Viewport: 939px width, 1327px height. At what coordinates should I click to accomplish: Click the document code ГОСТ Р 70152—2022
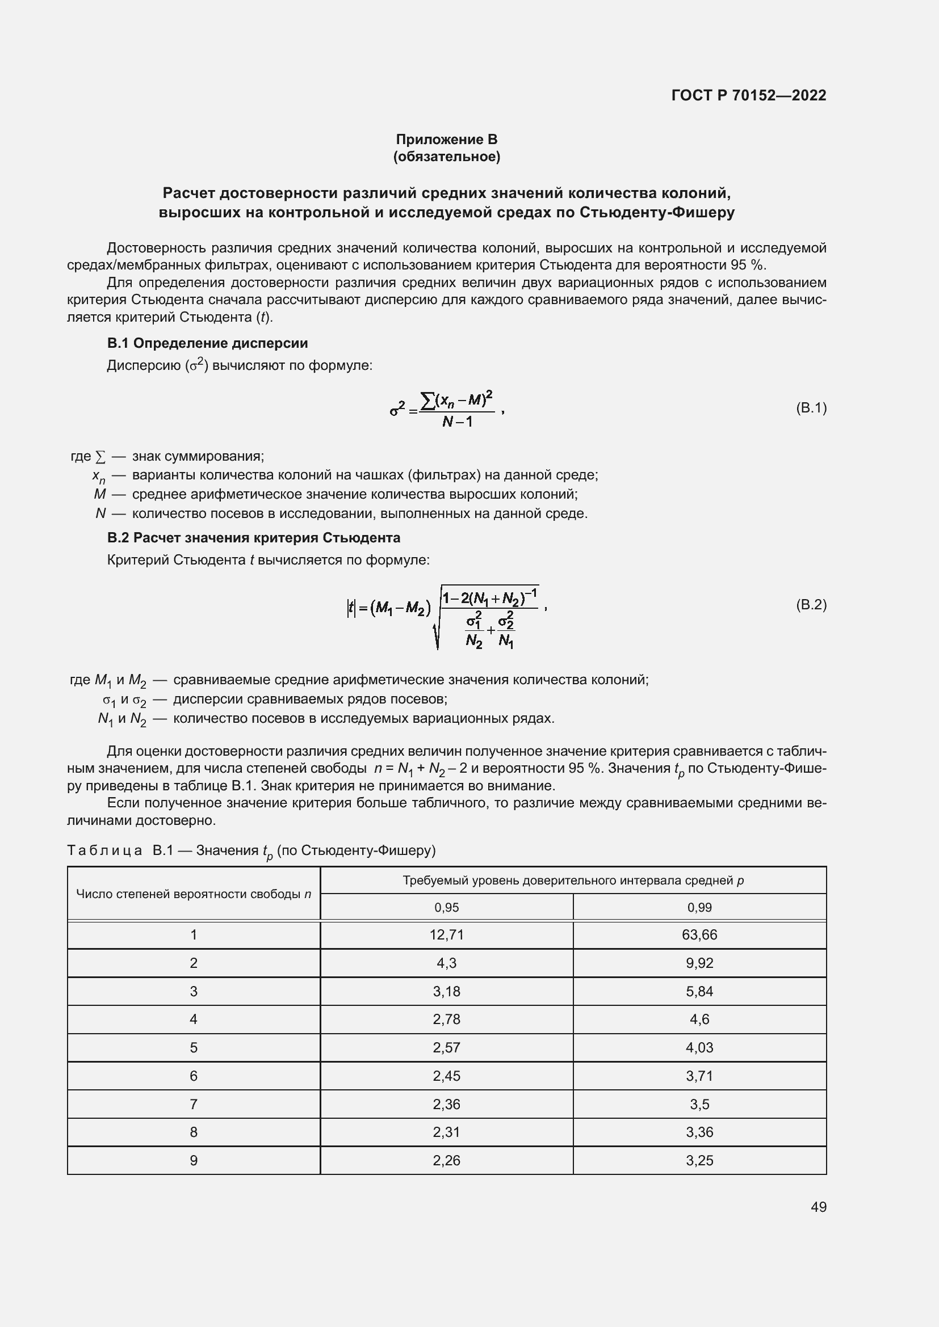[749, 95]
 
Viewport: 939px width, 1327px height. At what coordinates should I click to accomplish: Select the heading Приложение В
[446, 140]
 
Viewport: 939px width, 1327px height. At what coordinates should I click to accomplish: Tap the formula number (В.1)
[811, 408]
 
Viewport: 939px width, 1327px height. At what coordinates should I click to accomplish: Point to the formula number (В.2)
[811, 605]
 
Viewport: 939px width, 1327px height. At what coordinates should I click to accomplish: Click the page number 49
[818, 1207]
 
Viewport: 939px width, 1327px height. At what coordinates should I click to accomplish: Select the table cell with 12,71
[446, 934]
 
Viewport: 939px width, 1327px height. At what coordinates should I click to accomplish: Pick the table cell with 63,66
[699, 934]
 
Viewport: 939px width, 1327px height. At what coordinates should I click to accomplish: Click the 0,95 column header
[446, 907]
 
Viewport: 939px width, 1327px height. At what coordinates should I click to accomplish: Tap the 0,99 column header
[699, 907]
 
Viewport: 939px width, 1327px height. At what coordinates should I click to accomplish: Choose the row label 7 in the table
[194, 1105]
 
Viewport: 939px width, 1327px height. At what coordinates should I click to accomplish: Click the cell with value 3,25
[699, 1161]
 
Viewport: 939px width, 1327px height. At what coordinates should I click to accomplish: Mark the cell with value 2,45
[446, 1076]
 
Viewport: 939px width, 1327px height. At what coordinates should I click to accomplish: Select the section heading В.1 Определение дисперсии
[208, 343]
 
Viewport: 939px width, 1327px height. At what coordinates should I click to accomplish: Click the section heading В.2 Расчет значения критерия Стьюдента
[254, 537]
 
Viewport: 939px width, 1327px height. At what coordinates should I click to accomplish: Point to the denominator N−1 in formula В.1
[457, 422]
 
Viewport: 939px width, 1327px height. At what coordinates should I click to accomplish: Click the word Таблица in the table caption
[104, 850]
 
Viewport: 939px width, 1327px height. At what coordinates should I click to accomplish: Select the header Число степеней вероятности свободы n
[194, 894]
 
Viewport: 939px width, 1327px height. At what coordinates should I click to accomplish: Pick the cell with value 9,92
[699, 963]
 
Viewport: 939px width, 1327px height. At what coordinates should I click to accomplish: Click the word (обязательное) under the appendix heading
[446, 157]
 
